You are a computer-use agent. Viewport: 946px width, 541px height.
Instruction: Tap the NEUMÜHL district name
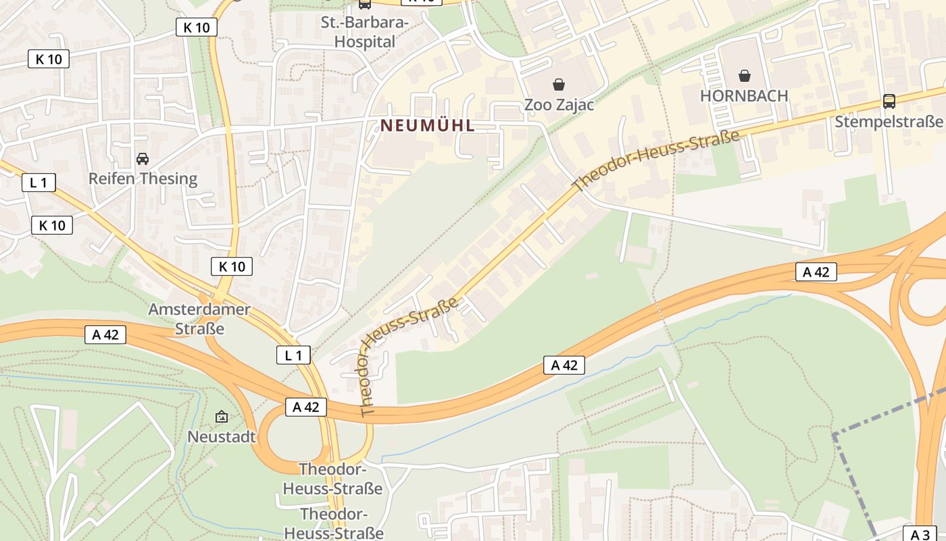[428, 125]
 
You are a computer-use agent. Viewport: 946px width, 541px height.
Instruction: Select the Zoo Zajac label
[559, 105]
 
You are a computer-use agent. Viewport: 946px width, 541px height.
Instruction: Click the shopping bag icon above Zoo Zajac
[559, 85]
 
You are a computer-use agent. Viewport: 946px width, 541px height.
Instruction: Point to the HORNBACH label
[744, 95]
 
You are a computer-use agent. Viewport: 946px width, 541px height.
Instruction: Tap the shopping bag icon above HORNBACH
[744, 75]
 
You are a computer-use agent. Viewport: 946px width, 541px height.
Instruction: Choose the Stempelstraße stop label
[889, 122]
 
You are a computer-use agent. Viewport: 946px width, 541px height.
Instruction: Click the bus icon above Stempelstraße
[889, 101]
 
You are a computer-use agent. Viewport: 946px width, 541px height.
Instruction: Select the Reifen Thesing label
[143, 179]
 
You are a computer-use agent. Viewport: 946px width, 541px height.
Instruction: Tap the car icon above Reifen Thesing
[143, 159]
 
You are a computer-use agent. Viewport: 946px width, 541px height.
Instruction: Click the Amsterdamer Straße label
[199, 319]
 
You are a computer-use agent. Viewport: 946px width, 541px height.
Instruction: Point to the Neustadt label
[222, 436]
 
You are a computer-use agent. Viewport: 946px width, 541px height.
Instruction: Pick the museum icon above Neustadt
[222, 417]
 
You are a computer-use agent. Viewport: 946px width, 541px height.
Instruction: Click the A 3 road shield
[920, 534]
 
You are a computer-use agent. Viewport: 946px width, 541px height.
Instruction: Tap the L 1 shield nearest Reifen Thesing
[39, 182]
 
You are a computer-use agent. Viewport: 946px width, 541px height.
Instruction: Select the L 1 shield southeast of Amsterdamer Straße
[293, 354]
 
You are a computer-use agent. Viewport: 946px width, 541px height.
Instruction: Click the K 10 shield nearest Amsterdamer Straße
[232, 266]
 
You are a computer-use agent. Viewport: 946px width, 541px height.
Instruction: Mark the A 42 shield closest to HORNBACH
[816, 272]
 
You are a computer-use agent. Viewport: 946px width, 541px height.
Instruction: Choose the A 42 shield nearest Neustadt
[305, 406]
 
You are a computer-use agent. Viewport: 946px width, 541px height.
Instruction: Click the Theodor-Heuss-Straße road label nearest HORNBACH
[655, 160]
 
